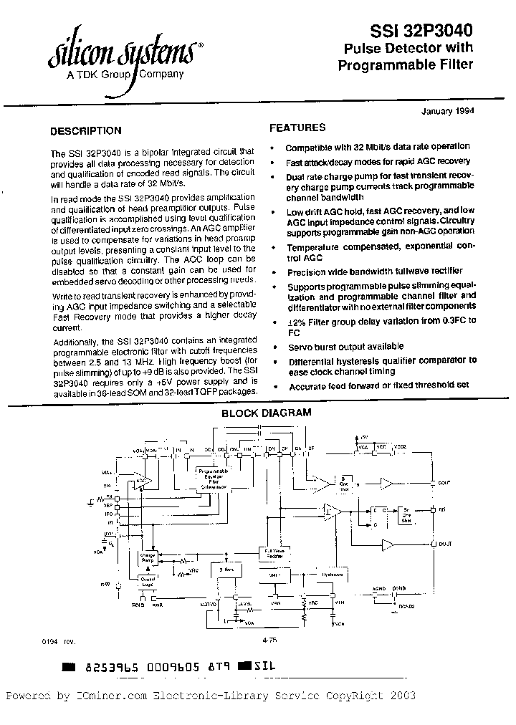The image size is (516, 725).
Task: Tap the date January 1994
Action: pos(445,111)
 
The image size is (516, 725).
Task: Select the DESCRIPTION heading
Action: pos(85,131)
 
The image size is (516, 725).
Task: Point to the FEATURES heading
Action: pos(297,128)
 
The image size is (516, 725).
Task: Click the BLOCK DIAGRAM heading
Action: pos(266,413)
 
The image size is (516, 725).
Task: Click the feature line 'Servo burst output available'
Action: pos(345,347)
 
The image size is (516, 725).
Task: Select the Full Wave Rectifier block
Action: pos(269,552)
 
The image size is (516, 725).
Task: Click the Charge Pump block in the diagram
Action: pos(148,556)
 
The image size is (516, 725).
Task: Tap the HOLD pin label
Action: pos(138,604)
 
